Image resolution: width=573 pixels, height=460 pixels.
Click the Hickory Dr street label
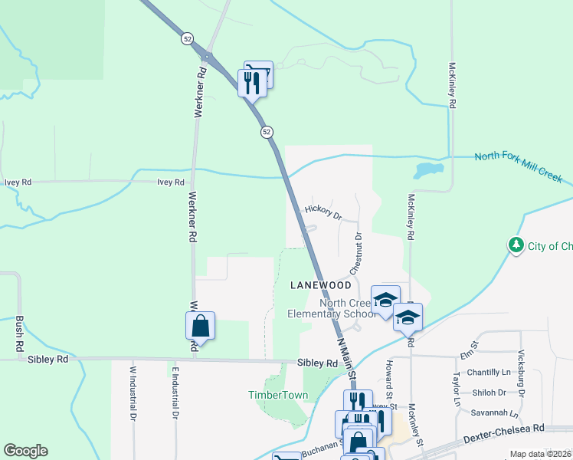(323, 212)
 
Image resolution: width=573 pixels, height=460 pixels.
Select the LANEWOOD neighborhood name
(321, 285)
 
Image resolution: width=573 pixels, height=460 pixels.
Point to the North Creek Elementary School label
(332, 307)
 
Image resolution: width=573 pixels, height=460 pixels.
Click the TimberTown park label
(277, 396)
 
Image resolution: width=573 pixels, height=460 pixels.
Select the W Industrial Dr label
(132, 393)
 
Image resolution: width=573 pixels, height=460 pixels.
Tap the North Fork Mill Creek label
(518, 168)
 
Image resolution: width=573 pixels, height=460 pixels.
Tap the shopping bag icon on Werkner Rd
(199, 325)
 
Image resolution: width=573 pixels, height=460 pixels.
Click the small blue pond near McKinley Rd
(428, 169)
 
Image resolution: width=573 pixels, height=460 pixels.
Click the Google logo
(25, 451)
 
